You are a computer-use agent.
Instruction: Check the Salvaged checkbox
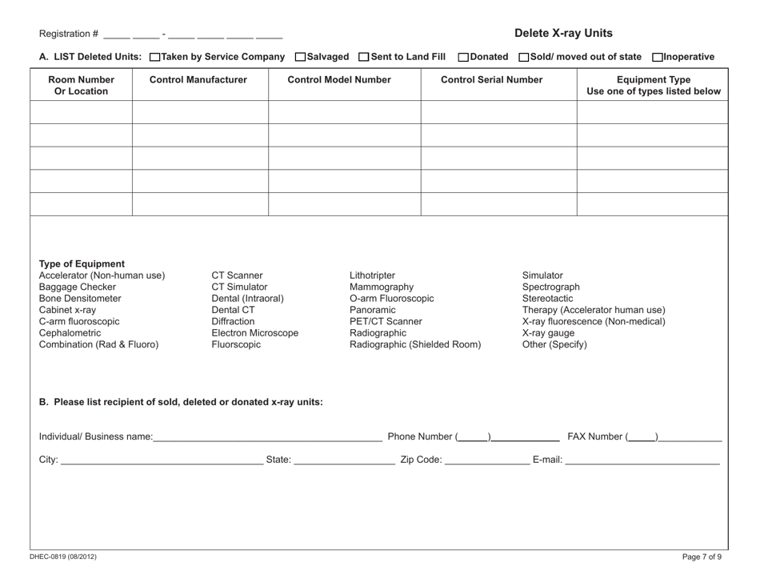300,57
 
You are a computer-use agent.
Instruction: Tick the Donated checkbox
463,57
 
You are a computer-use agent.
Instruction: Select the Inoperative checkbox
658,57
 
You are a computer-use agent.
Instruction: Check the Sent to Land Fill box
364,57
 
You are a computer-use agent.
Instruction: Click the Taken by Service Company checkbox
154,57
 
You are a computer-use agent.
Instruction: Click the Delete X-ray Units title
563,34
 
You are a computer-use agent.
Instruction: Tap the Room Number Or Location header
81,85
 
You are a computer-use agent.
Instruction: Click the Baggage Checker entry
78,287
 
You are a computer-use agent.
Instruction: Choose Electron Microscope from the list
255,333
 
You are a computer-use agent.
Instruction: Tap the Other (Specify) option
554,345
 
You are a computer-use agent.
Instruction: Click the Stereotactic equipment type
547,299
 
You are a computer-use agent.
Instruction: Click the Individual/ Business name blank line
267,436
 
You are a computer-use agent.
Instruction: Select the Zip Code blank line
486,461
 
